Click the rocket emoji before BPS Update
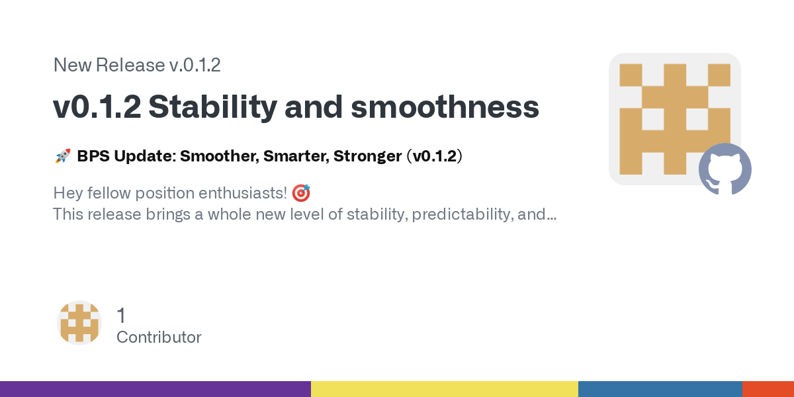pyautogui.click(x=63, y=156)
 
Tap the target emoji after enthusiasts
pyautogui.click(x=301, y=193)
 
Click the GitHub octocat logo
pyautogui.click(x=725, y=169)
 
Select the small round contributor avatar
pyautogui.click(x=79, y=323)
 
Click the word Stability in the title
pyautogui.click(x=212, y=107)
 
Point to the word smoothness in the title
pyautogui.click(x=445, y=107)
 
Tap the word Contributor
pyautogui.click(x=159, y=337)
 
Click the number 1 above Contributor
pyautogui.click(x=121, y=315)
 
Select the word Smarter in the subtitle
pyautogui.click(x=296, y=156)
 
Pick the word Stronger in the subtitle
pyautogui.click(x=368, y=156)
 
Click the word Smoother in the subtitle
pyautogui.click(x=220, y=156)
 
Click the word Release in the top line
pyautogui.click(x=130, y=65)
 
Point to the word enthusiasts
pyautogui.click(x=242, y=193)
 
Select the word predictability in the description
pyautogui.click(x=463, y=214)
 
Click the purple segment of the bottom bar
pyautogui.click(x=155, y=389)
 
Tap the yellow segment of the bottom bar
pyautogui.click(x=445, y=389)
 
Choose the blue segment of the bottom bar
pyautogui.click(x=660, y=389)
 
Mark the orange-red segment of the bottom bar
pyautogui.click(x=768, y=389)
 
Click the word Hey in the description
pyautogui.click(x=67, y=193)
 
